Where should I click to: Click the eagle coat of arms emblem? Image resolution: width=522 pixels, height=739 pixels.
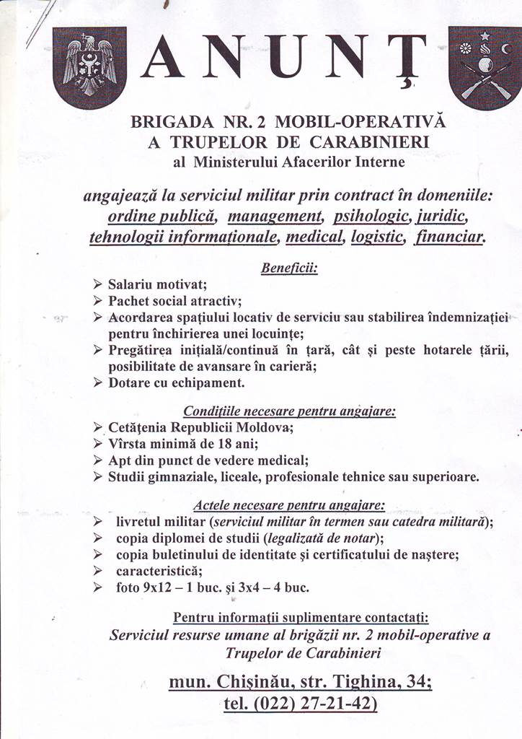[x=89, y=67]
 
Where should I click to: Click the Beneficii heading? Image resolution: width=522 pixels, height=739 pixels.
[x=288, y=268]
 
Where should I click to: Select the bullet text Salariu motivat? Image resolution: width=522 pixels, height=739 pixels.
[x=157, y=285]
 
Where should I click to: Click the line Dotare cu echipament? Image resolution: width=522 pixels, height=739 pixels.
[x=177, y=382]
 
